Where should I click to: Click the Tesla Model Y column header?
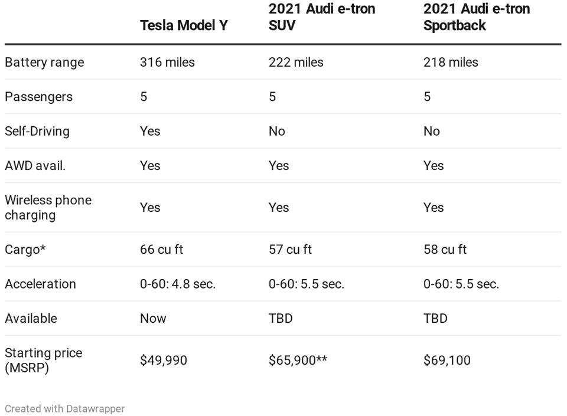coord(183,25)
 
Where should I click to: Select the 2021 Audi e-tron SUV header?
coord(321,17)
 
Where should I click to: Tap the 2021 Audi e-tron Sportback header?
coord(476,17)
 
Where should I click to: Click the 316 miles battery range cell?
coord(167,62)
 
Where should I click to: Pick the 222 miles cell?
coord(296,62)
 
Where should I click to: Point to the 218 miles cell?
coord(451,62)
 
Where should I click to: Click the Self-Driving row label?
coord(37,131)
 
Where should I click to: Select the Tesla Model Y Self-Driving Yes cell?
coord(150,131)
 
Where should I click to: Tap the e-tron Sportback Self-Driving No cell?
coord(432,131)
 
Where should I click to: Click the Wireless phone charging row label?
coord(48,207)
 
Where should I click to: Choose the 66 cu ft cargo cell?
coord(161,250)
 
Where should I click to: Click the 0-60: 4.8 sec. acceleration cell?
coord(178,284)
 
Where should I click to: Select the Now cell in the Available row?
coord(153,319)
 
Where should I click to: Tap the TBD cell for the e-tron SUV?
coord(281,319)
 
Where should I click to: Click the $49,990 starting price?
coord(164,361)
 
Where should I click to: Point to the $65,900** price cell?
coord(298,361)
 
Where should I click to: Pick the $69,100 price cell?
coord(447,361)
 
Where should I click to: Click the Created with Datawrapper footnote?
coord(64,408)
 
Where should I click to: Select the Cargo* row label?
coord(25,250)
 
